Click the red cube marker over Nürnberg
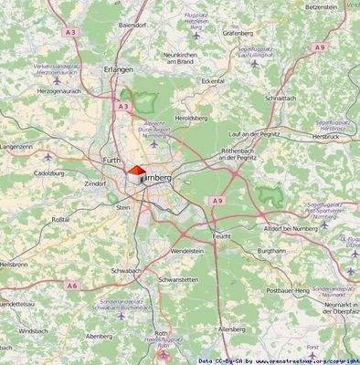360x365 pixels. [134, 174]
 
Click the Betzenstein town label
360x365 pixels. [327, 6]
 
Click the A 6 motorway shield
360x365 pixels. [71, 286]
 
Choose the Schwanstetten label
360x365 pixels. [178, 279]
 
